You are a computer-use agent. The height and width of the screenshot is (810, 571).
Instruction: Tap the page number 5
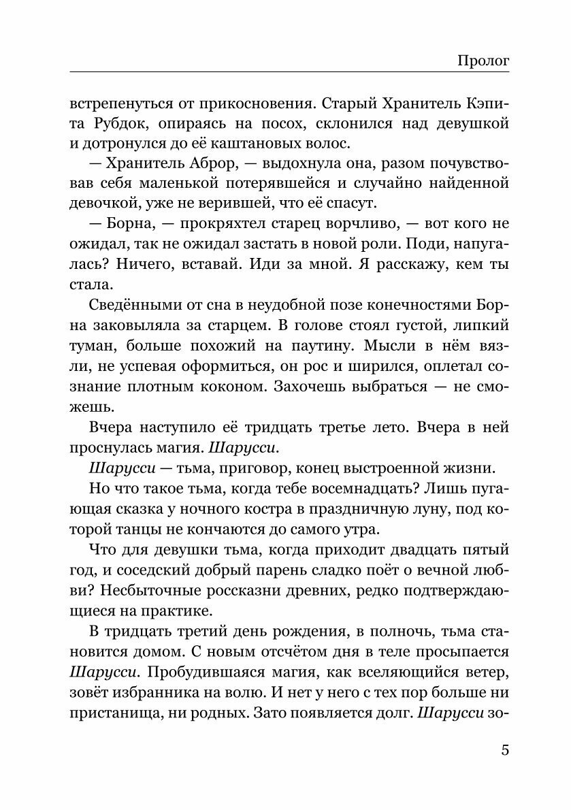504,751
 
